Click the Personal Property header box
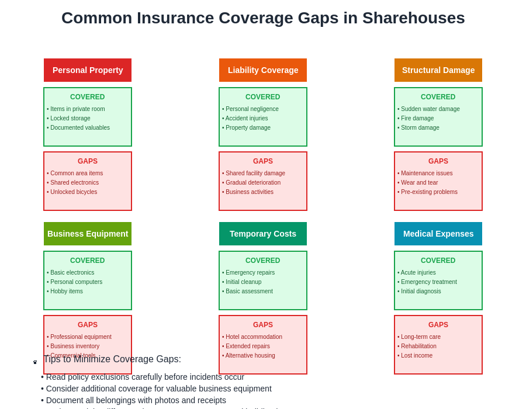pos(88,70)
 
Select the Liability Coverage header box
pos(263,70)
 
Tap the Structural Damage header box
pos(438,70)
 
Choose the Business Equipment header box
pos(88,234)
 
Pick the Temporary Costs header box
pos(263,234)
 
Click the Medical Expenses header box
pos(438,234)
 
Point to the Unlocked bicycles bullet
pos(73,192)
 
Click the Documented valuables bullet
pos(79,127)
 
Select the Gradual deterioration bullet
pos(252,182)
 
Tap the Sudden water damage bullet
pos(430,109)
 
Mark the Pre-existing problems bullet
pos(428,192)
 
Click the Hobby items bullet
pos(66,291)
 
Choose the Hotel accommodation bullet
pos(253,337)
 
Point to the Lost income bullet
pos(416,355)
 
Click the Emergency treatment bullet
pos(428,282)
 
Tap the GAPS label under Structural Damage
pos(438,161)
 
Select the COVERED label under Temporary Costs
pos(263,261)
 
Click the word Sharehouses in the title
pos(413,18)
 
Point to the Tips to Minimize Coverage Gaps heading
pos(112,359)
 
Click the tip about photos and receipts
pos(136,400)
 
